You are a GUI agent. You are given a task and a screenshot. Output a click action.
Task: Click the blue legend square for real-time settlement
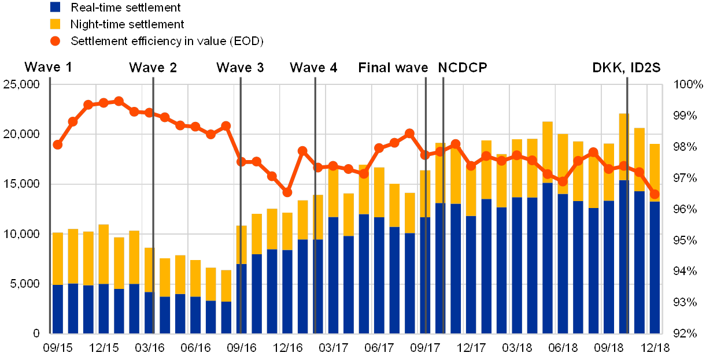pyautogui.click(x=56, y=7)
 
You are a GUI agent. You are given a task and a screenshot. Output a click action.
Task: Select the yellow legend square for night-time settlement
pyautogui.click(x=56, y=24)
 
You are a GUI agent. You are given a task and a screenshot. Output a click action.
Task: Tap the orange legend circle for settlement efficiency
pyautogui.click(x=56, y=41)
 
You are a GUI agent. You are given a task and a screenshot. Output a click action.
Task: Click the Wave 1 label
pyautogui.click(x=47, y=68)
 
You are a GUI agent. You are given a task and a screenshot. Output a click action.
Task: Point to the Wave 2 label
pyautogui.click(x=153, y=68)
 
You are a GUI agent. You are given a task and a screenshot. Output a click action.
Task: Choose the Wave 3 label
pyautogui.click(x=240, y=68)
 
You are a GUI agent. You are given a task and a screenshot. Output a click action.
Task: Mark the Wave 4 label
pyautogui.click(x=313, y=68)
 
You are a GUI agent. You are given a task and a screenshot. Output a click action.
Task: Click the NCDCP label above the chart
pyautogui.click(x=463, y=68)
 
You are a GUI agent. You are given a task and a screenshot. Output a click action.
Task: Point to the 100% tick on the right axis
pyautogui.click(x=690, y=85)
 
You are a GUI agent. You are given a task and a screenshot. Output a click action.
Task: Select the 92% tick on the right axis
pyautogui.click(x=690, y=333)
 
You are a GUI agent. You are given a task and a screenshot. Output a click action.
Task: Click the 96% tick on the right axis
pyautogui.click(x=690, y=209)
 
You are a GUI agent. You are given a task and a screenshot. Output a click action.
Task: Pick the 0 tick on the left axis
pyautogui.click(x=36, y=333)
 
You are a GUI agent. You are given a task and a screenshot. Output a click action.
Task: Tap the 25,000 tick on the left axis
pyautogui.click(x=21, y=85)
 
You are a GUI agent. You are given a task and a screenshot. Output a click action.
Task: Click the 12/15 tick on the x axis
pyautogui.click(x=105, y=347)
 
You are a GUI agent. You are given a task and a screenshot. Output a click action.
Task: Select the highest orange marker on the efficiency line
pyautogui.click(x=119, y=101)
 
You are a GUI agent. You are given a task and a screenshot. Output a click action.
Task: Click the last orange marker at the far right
pyautogui.click(x=655, y=194)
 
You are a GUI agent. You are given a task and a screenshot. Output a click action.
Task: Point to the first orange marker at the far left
pyautogui.click(x=57, y=144)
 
